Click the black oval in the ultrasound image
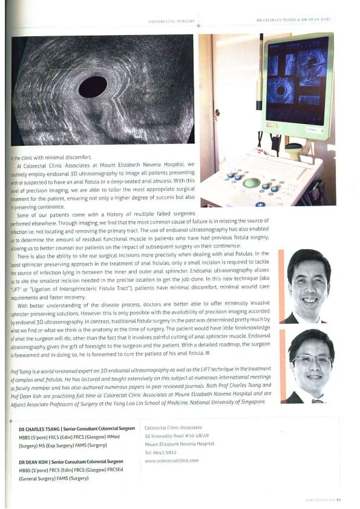point(93,86)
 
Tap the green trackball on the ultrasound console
point(251,182)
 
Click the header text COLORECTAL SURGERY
point(172,22)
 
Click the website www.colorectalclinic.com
point(171,461)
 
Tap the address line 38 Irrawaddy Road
point(169,436)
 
